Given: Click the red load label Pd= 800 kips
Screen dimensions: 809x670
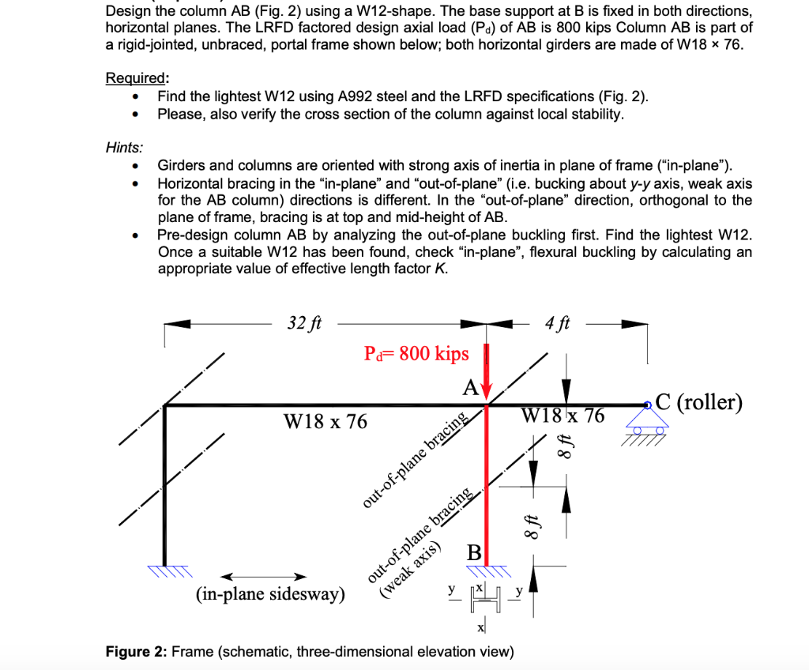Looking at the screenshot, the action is click(416, 353).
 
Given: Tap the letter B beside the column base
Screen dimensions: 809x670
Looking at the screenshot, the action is click(473, 552).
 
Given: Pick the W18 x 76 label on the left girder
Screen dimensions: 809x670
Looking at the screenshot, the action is click(325, 422).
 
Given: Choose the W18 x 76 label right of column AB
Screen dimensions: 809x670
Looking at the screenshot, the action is click(563, 416).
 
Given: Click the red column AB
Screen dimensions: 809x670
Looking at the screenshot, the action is click(487, 490).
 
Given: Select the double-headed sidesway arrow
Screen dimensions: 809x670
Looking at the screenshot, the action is click(264, 576).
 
